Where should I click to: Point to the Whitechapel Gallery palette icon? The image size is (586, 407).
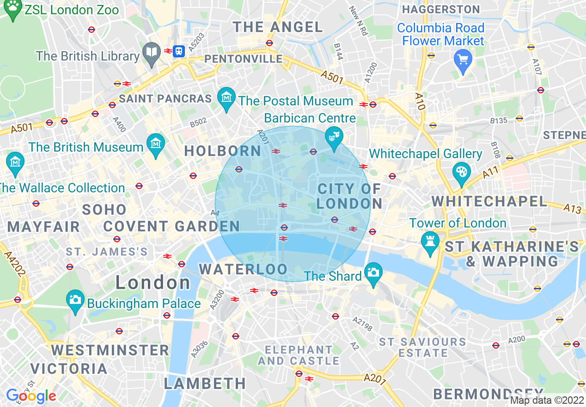coord(461,173)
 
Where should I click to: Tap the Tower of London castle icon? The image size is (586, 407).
coord(430,242)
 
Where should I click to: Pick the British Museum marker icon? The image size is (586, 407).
coord(156,144)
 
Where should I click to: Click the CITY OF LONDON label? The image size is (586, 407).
coord(350,196)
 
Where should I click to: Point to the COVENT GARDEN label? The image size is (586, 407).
coord(171,226)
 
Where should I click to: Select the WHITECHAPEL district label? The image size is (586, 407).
coord(489,201)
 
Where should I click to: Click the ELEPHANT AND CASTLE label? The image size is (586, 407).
coord(299,355)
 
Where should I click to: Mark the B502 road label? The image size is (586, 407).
coord(199,123)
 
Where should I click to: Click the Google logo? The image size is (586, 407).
coord(31,396)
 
